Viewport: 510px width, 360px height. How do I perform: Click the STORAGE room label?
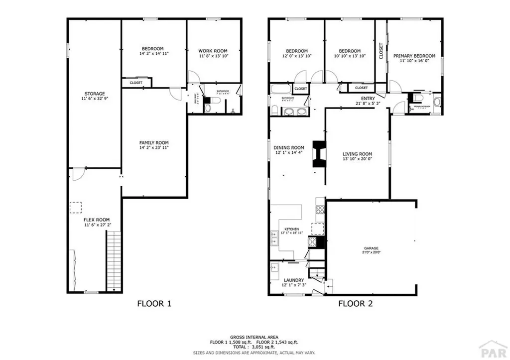(94, 94)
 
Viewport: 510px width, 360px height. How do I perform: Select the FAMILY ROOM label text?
(154, 142)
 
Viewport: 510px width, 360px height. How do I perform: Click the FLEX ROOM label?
(97, 220)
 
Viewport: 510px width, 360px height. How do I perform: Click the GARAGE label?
(371, 248)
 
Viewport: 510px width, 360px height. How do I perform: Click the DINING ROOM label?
(289, 147)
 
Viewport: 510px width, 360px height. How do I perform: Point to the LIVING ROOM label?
(357, 154)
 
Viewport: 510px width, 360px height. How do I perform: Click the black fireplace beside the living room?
(318, 154)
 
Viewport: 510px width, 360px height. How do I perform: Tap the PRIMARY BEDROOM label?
(414, 56)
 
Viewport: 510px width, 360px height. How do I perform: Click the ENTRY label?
(368, 99)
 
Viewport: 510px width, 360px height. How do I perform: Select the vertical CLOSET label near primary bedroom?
(381, 51)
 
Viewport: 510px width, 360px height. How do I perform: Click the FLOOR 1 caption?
(154, 303)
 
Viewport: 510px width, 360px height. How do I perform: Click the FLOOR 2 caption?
(356, 303)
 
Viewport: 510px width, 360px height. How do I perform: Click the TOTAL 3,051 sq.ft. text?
(254, 347)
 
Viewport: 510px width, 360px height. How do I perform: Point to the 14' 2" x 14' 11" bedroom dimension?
(154, 53)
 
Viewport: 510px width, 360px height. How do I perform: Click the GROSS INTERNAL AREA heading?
(254, 337)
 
